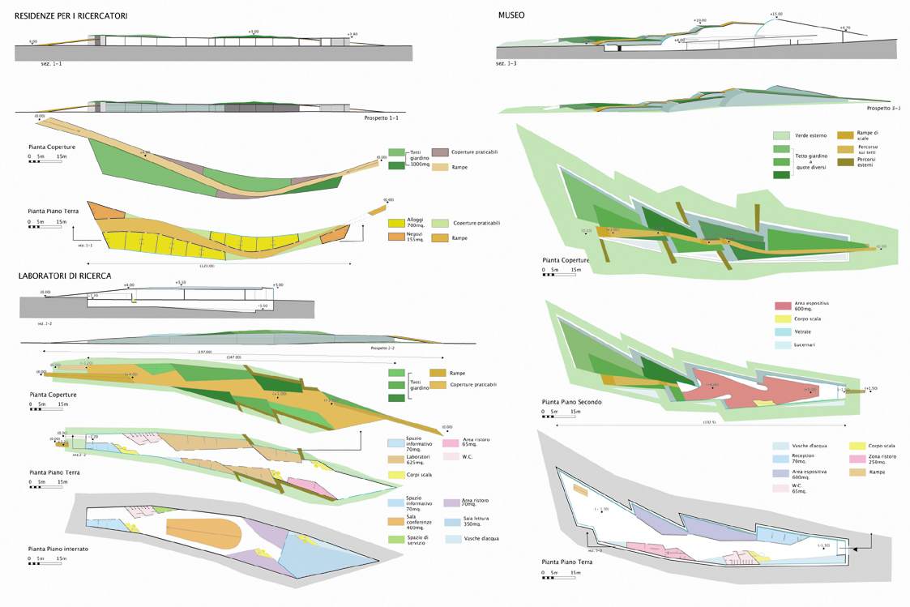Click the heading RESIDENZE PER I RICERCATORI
click(70, 15)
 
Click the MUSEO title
click(515, 15)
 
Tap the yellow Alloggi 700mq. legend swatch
click(396, 222)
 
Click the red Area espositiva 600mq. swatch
click(782, 306)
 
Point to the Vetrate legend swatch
click(782, 331)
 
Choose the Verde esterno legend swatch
click(781, 135)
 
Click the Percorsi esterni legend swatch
click(845, 163)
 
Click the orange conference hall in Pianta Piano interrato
click(203, 531)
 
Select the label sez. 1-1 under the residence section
click(52, 62)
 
